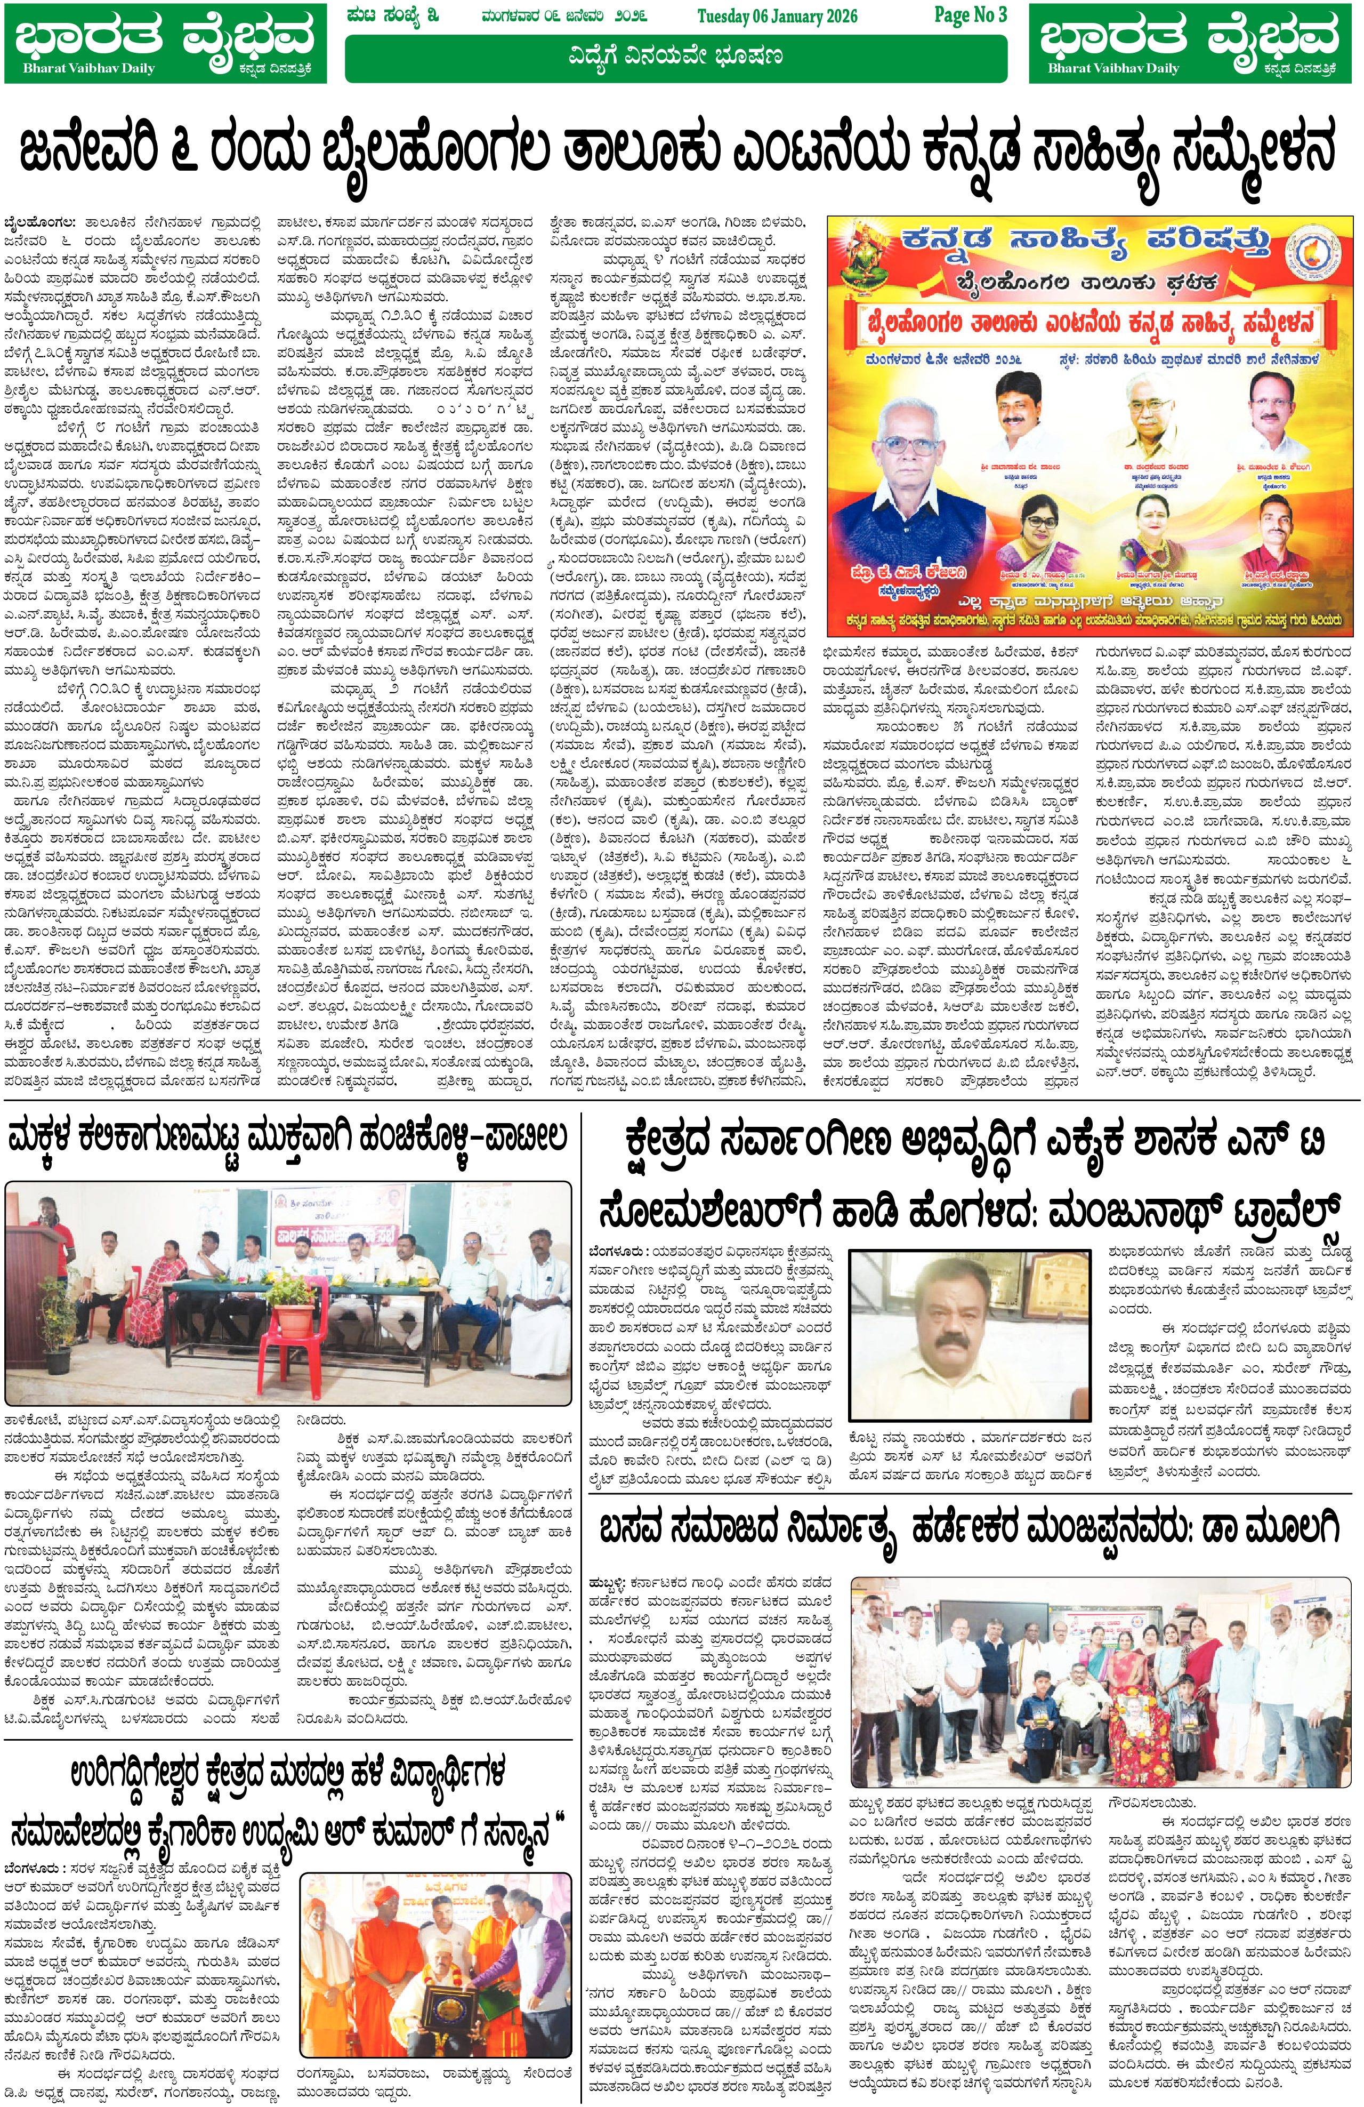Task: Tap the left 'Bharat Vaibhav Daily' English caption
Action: [88, 68]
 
